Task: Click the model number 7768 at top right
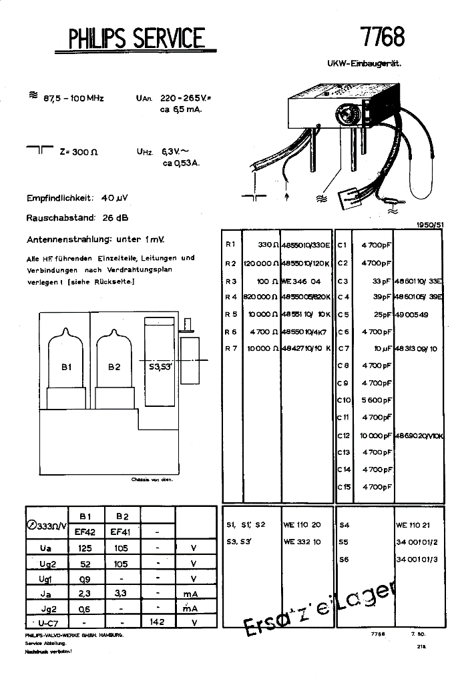382,36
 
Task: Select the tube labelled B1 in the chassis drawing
65,366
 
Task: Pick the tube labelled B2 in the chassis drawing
114,366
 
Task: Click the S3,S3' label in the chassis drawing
158,366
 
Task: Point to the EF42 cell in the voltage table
85,532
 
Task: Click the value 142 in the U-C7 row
158,622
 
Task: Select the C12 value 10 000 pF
376,435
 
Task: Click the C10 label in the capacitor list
343,400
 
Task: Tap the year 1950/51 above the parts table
429,225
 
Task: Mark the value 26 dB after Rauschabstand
116,217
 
